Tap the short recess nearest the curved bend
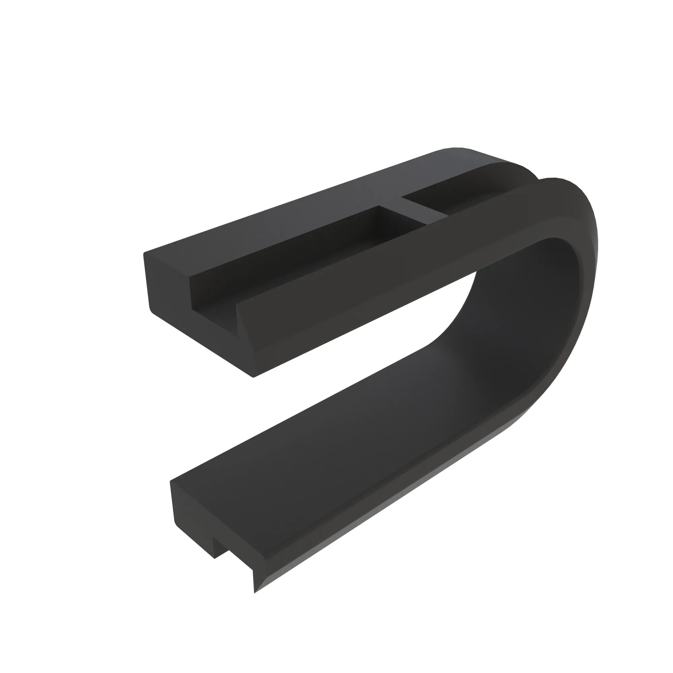point(449,199)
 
